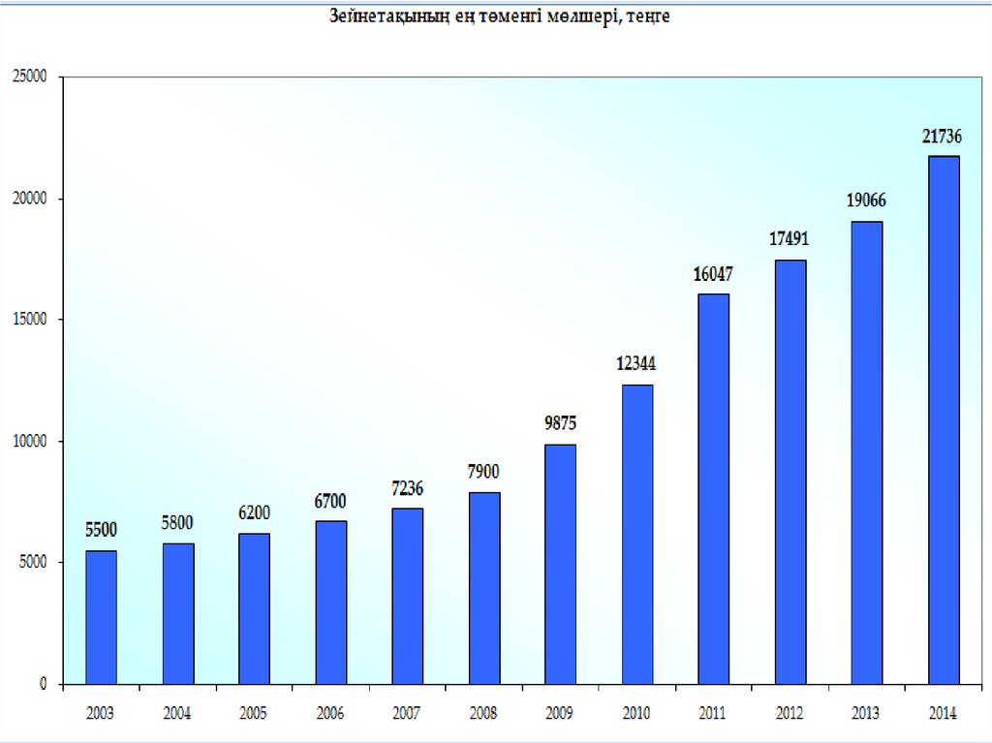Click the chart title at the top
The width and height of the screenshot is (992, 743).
pos(500,18)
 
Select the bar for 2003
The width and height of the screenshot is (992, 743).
pos(101,617)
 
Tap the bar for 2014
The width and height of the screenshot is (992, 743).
pos(944,419)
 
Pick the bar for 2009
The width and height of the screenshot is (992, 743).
pos(561,564)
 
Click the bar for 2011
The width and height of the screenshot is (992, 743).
pos(714,488)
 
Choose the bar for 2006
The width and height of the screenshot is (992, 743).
pos(331,602)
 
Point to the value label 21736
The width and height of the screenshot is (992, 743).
pos(943,139)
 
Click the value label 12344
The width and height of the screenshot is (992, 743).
pos(636,364)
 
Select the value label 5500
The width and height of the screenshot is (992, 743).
pos(101,529)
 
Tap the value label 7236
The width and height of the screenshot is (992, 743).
pos(407,488)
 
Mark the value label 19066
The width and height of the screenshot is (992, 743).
pos(866,201)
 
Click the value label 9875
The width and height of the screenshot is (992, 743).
pos(561,423)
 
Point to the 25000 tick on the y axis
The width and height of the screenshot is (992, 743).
pos(29,77)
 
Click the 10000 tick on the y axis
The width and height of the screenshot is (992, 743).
pos(29,441)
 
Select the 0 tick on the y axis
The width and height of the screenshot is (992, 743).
pos(44,684)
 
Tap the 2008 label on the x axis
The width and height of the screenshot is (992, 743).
pos(482,714)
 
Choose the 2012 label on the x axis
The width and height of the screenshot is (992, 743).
pos(789,714)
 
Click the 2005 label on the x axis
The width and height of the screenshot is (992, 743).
pos(253,714)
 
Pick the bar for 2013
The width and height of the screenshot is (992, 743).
pos(866,452)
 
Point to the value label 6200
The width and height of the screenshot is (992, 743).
pos(254,512)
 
